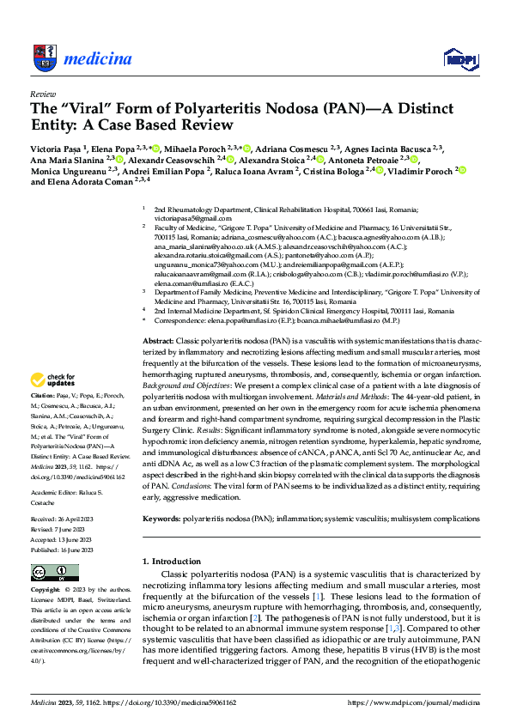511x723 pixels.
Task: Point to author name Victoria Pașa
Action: click(59, 148)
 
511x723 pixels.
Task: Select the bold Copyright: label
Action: click(47, 591)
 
